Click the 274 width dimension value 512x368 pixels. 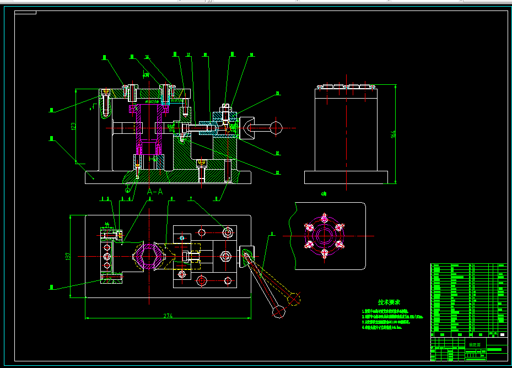tap(167, 316)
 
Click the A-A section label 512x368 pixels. tap(155, 192)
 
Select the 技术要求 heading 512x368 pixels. tap(389, 302)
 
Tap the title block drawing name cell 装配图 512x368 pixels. tap(474, 345)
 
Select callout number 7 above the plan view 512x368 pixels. tap(191, 198)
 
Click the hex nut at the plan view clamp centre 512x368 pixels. tap(224, 256)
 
